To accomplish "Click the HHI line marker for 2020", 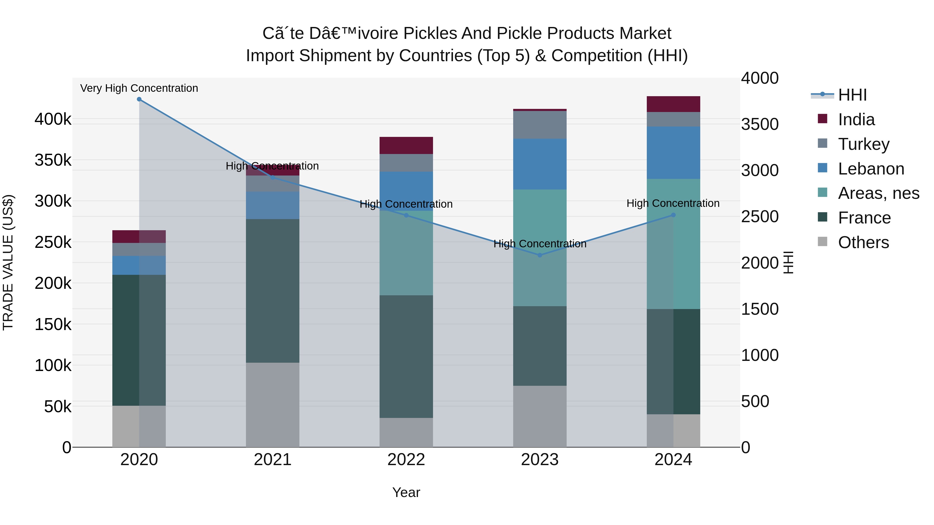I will coord(139,99).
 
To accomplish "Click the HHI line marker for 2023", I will coord(540,255).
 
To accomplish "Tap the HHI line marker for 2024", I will coord(673,215).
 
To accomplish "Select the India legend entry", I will coord(856,120).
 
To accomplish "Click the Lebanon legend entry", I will coord(871,169).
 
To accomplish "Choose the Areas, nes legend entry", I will coord(878,193).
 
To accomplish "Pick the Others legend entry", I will coord(863,242).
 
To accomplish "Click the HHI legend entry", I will coord(852,95).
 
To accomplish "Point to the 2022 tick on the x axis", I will coord(406,460).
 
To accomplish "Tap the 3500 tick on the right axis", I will coord(760,124).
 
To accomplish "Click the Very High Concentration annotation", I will coord(139,88).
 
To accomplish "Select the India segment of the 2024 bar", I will coord(673,104).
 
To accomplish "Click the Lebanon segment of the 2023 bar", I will coord(540,164).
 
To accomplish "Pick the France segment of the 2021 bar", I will coord(273,291).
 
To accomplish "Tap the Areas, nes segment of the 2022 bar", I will coord(406,253).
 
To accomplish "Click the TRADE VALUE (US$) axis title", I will coord(8,262).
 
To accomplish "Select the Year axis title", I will coord(406,492).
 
